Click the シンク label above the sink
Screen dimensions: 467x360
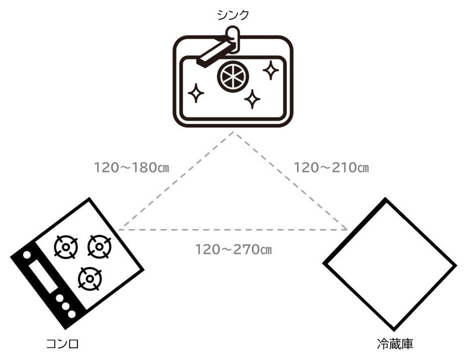(x=233, y=15)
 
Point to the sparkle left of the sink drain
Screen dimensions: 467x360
(x=196, y=93)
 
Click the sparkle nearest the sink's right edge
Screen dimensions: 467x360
(x=271, y=70)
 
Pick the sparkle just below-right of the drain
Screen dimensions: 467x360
(x=252, y=98)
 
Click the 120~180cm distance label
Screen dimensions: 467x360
(x=132, y=167)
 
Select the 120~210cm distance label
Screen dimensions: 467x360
(x=331, y=167)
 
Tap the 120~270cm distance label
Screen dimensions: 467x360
(x=234, y=249)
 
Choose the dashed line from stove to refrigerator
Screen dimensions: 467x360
(x=233, y=230)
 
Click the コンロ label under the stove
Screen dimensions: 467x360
(x=62, y=345)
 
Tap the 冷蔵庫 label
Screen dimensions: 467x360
(x=395, y=345)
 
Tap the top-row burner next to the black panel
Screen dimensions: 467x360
(x=66, y=247)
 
